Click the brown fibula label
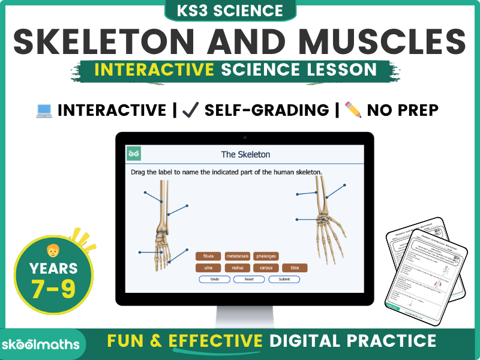click(x=208, y=256)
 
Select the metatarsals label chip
click(x=237, y=256)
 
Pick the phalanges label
click(x=266, y=256)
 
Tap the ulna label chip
click(x=208, y=268)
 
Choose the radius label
click(x=237, y=268)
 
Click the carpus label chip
click(x=266, y=268)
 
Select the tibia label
click(x=295, y=268)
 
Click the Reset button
click(x=249, y=280)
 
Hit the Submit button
click(x=284, y=280)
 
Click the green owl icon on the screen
click(x=133, y=154)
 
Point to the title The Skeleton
click(x=245, y=154)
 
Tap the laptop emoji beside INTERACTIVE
click(x=44, y=110)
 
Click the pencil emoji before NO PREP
click(x=353, y=110)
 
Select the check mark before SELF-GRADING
click(x=190, y=110)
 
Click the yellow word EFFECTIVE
click(x=217, y=341)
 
